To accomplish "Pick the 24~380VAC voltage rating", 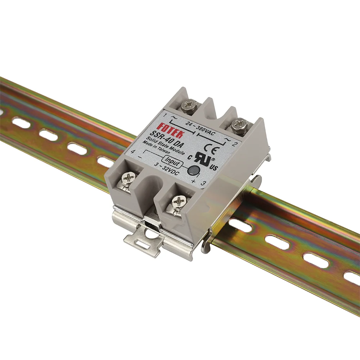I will pyautogui.click(x=199, y=129).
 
